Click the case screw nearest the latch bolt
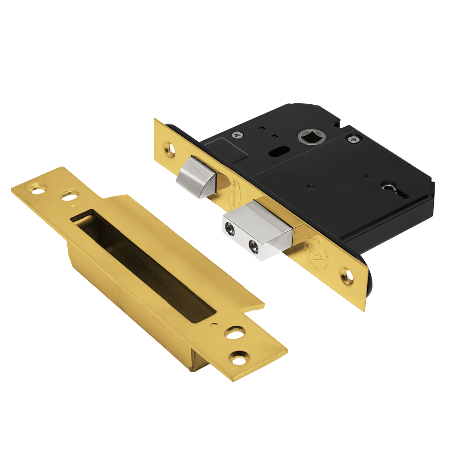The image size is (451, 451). (x=237, y=133)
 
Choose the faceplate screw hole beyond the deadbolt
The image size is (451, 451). (x=348, y=272)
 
